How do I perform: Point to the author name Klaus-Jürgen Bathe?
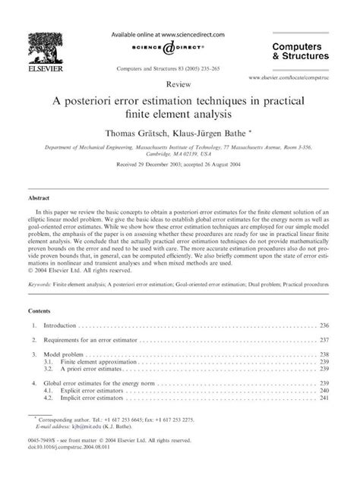click(x=219, y=131)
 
